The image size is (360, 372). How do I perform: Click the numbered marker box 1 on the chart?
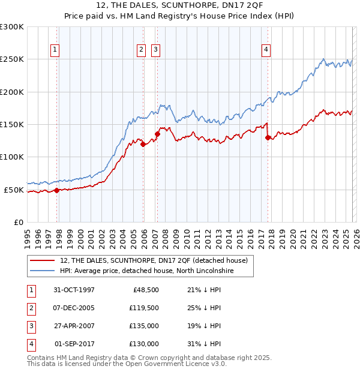tap(55, 50)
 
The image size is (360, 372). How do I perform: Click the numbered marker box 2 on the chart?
tap(141, 50)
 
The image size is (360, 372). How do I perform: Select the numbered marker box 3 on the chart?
tap(155, 50)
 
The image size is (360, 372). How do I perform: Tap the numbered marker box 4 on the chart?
tap(265, 50)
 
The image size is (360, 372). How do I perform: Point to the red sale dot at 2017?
tap(268, 137)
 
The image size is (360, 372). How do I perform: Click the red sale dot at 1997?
tap(57, 190)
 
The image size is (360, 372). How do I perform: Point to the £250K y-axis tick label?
tap(12, 59)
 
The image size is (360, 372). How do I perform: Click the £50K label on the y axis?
tap(14, 190)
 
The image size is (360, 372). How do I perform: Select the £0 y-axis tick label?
tap(18, 222)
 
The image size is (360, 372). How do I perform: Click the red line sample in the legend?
tap(43, 260)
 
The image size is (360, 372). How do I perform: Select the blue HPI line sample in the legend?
tap(43, 271)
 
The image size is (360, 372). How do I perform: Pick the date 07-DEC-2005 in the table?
tap(74, 308)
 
